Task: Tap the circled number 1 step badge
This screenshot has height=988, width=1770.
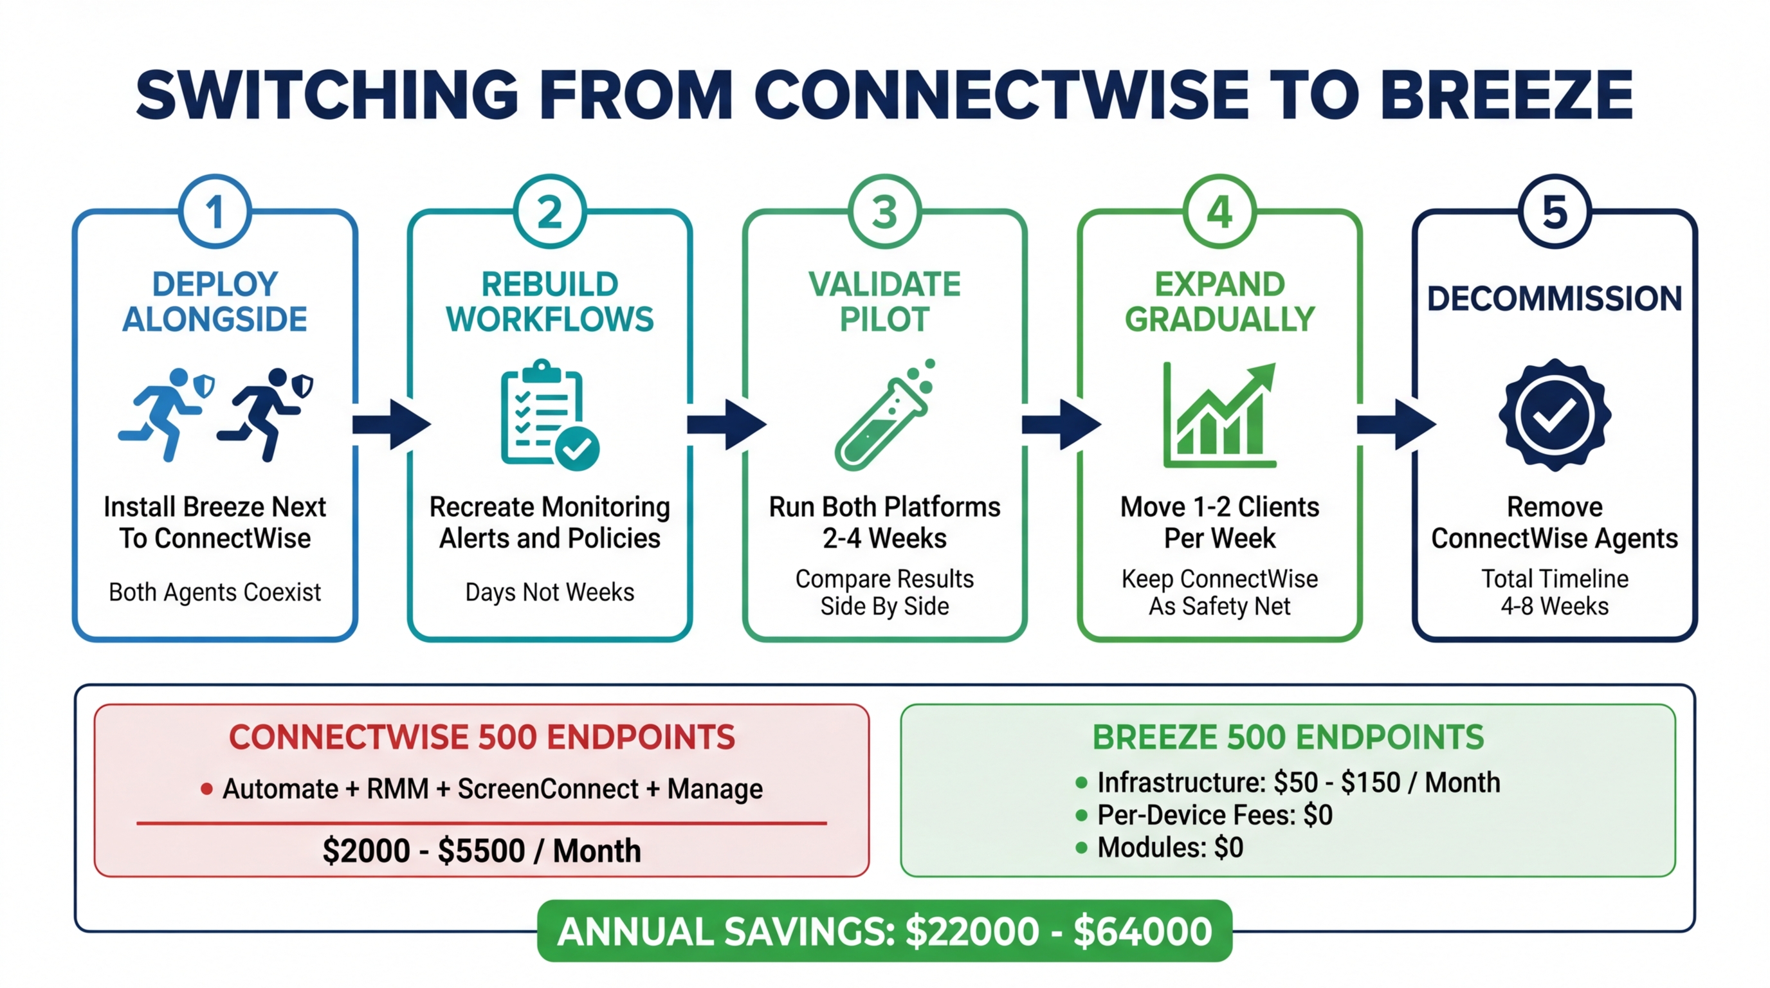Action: (x=215, y=212)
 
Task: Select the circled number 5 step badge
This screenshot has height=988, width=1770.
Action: (x=1555, y=212)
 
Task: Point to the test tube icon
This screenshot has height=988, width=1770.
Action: (x=885, y=416)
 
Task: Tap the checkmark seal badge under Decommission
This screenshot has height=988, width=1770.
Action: (x=1555, y=414)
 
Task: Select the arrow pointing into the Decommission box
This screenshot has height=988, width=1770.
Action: (x=1396, y=425)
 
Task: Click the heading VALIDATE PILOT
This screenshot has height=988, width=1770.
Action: (x=884, y=301)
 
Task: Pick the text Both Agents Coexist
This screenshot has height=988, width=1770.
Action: (x=214, y=592)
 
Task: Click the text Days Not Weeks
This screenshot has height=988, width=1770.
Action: (x=550, y=592)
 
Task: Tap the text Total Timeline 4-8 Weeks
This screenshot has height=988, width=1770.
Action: (x=1555, y=592)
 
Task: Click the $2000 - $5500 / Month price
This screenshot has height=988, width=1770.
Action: (x=482, y=850)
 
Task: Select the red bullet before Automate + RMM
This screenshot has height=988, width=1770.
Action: (x=206, y=789)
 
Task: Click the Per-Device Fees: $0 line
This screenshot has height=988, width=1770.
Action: (x=1214, y=815)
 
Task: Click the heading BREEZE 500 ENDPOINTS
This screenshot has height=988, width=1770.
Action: (x=1288, y=737)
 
